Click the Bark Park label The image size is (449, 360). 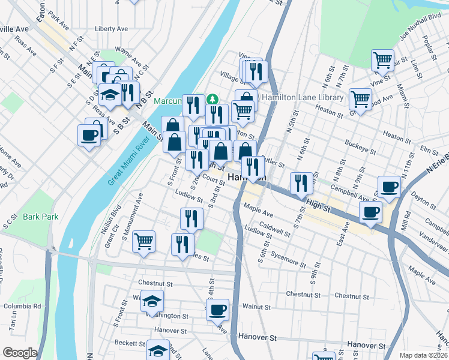(41, 217)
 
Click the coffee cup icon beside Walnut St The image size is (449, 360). (218, 310)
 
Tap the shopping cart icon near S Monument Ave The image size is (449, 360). (143, 242)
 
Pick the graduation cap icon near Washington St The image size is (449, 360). (153, 301)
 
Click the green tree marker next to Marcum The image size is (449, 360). (211, 98)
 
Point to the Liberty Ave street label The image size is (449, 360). (111, 28)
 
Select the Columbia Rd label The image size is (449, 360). (22, 306)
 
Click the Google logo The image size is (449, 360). (20, 353)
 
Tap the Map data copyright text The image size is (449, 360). (423, 355)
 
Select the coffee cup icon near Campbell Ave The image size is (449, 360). (388, 187)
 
